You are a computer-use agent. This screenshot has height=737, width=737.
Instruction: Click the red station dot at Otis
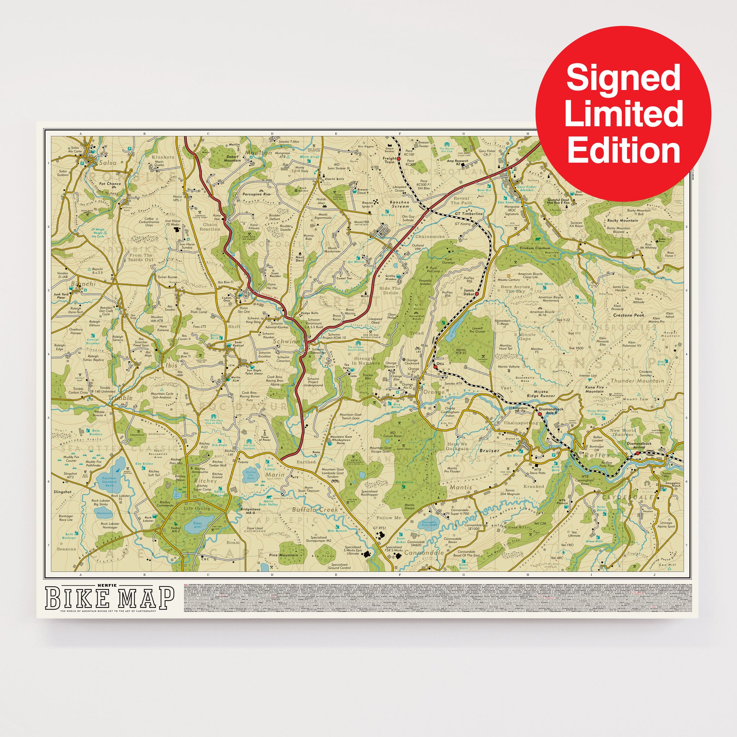tap(435, 367)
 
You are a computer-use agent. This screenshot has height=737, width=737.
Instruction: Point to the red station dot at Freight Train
tap(398, 158)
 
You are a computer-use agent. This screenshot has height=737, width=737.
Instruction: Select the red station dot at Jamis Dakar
tap(476, 294)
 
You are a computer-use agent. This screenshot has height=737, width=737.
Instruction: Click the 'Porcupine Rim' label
tap(256, 194)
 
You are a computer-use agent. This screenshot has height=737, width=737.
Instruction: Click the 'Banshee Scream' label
tap(399, 204)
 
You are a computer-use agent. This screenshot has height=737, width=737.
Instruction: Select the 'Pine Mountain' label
tap(284, 555)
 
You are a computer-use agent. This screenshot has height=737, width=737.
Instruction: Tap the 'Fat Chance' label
tap(110, 184)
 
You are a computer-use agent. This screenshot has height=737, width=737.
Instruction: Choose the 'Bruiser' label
tap(489, 451)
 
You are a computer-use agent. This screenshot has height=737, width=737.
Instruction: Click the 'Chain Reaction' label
tap(210, 227)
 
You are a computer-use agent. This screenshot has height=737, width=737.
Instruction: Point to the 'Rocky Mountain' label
tap(623, 221)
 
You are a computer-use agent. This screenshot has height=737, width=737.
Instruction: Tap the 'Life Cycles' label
tap(197, 508)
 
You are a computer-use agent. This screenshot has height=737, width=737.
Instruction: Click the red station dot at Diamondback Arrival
tap(637, 453)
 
